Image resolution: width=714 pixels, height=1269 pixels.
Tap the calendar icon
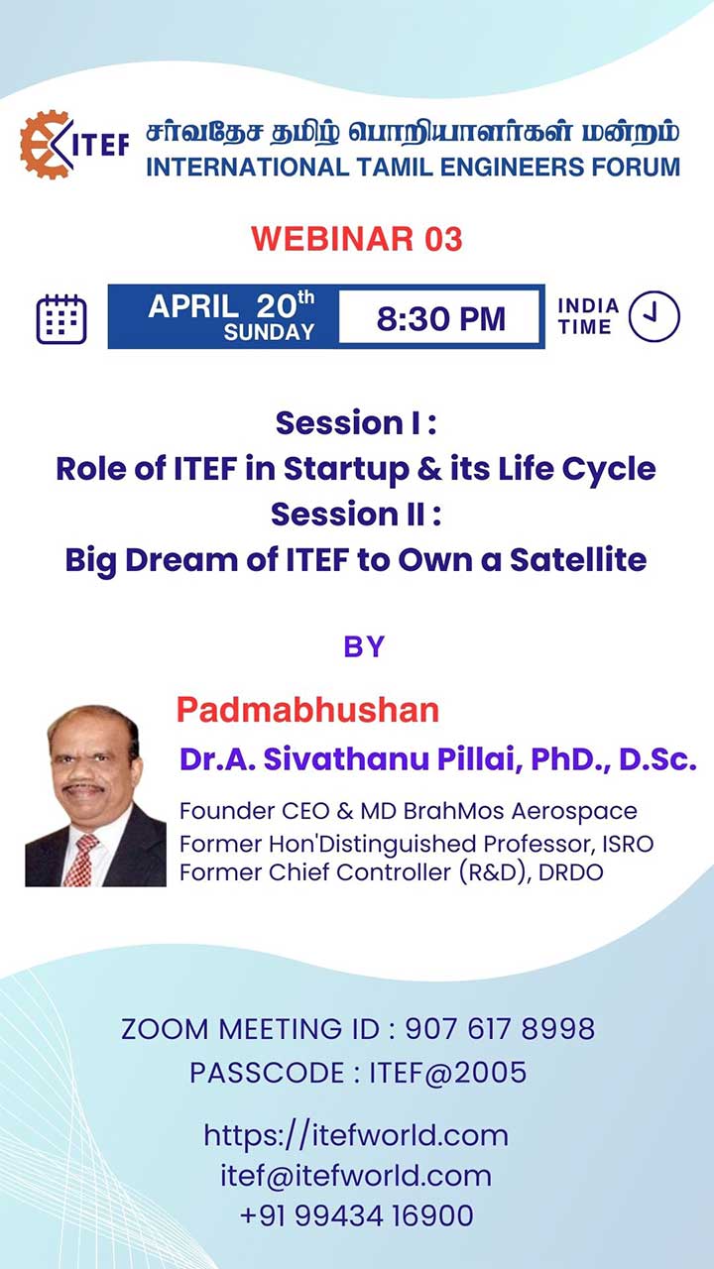61,319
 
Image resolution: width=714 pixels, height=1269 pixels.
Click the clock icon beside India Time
654,316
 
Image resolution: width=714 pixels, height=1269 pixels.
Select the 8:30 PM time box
440,317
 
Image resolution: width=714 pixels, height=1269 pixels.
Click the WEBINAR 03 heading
357,239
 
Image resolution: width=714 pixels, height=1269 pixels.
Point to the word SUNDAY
269,332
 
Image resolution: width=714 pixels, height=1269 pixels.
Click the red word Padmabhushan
307,710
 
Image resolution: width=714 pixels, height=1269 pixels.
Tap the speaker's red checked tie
79,861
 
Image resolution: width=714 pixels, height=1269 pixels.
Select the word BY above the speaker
364,646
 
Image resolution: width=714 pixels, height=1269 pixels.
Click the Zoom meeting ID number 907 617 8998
500,1029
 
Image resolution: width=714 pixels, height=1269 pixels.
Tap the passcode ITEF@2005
447,1073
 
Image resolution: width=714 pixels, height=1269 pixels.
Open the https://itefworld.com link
356,1135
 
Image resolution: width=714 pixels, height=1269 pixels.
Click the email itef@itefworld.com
356,1176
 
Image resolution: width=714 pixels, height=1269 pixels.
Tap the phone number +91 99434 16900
356,1215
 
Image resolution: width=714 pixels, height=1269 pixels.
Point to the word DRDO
570,872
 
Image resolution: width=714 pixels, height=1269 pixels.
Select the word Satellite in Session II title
578,560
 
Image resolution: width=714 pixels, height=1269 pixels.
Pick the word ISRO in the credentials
628,844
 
